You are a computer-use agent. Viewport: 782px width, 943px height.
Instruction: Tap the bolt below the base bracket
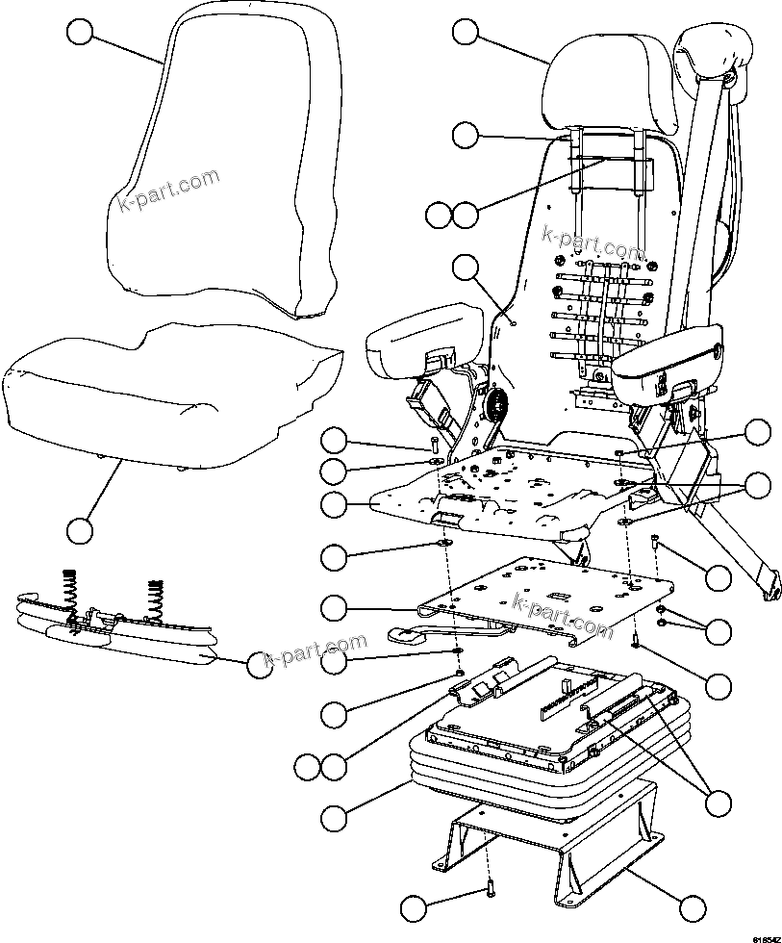[x=490, y=890]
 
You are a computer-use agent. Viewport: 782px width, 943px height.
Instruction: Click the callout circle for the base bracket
[x=691, y=906]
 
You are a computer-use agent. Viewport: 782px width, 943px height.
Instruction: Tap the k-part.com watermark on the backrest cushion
[x=167, y=192]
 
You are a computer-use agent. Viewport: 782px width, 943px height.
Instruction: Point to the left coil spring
[x=71, y=583]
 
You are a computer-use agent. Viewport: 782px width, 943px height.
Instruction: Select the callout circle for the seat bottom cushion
[x=80, y=529]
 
